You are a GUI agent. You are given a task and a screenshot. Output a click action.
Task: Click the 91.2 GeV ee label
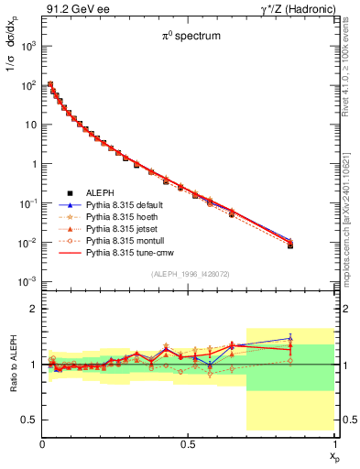[69, 8]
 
